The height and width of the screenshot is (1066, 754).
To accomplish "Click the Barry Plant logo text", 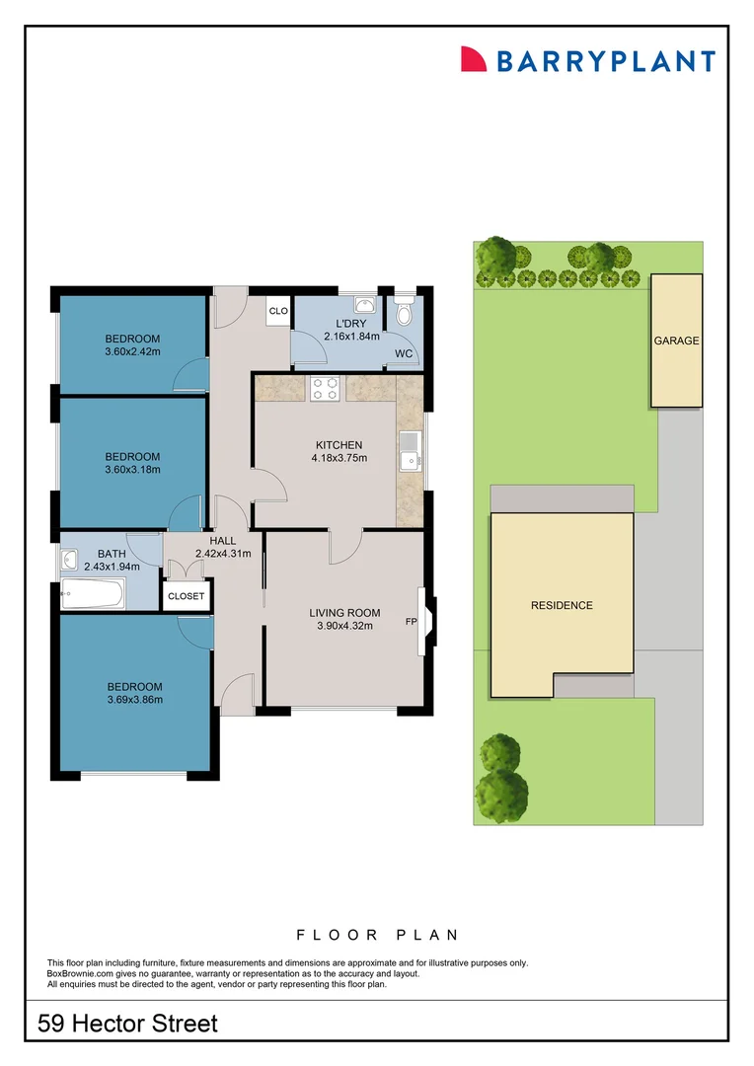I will [604, 61].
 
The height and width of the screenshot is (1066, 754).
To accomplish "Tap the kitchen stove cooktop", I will [325, 389].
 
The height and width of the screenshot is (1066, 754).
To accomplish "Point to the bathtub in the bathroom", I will [92, 595].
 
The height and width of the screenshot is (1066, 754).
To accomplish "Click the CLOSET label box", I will [187, 596].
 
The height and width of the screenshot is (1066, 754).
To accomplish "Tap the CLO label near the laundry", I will [277, 312].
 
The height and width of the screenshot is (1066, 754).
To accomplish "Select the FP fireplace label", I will [411, 623].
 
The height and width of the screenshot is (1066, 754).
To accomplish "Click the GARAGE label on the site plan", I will [676, 341].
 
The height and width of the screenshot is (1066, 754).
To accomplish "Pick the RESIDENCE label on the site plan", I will [562, 605].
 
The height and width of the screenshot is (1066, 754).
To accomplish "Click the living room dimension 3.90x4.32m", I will [344, 626].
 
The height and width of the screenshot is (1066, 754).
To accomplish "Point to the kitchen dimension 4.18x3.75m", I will [339, 458].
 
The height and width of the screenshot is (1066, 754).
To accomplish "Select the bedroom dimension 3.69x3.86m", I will [134, 700].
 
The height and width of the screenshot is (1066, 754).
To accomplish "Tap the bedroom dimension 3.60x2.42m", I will [132, 350].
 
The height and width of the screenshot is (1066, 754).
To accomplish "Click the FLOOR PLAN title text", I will [377, 935].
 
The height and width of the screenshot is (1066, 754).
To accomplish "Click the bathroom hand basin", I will [69, 561].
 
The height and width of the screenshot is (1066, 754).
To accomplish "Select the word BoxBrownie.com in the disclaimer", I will [83, 973].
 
